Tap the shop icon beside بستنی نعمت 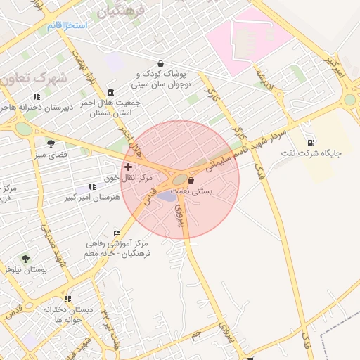click(191, 180)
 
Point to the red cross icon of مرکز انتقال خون click(127, 167)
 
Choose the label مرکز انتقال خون click(128, 178)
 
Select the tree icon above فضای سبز click(51, 143)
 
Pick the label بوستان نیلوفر click(25, 269)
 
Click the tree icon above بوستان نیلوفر click(26, 259)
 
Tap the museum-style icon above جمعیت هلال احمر click(111, 92)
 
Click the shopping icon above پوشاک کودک click(161, 63)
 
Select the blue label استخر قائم click(67, 25)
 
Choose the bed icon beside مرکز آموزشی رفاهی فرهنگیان click(117, 233)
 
